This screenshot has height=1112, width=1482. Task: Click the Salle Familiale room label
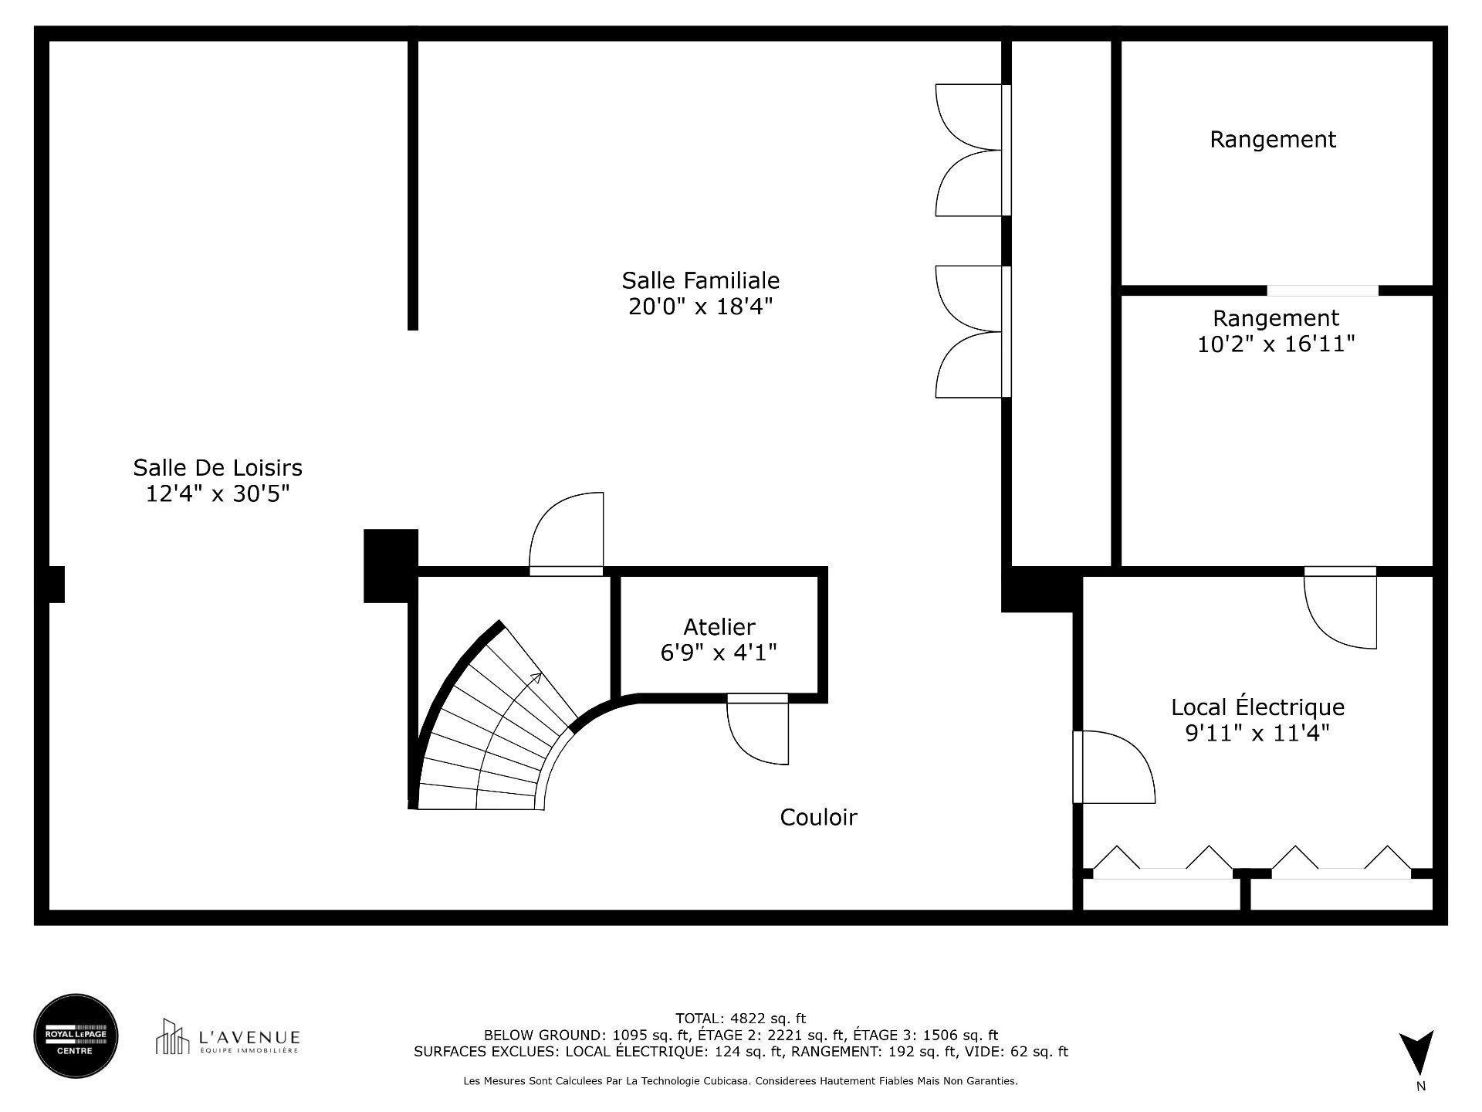coord(700,280)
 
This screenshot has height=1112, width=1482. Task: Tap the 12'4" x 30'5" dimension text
coord(218,493)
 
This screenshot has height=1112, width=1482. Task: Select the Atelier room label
coord(719,626)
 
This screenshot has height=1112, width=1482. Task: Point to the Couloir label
coord(818,817)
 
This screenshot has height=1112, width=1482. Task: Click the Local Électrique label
coord(1257,707)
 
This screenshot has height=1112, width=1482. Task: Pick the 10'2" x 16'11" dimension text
coord(1275,344)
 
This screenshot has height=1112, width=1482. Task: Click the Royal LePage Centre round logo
coord(76,1036)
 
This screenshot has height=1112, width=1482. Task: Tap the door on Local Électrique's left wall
coord(1111,768)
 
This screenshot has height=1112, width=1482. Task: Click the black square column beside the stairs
coord(391,565)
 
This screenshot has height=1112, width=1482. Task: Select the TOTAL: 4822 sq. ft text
coord(740,1018)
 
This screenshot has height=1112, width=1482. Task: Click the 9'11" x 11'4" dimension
coord(1257,732)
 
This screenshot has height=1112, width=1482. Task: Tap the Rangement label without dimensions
coord(1272,139)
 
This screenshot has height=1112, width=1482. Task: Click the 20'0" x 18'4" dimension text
coord(700,307)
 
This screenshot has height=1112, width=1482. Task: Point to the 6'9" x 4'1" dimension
coord(719,653)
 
